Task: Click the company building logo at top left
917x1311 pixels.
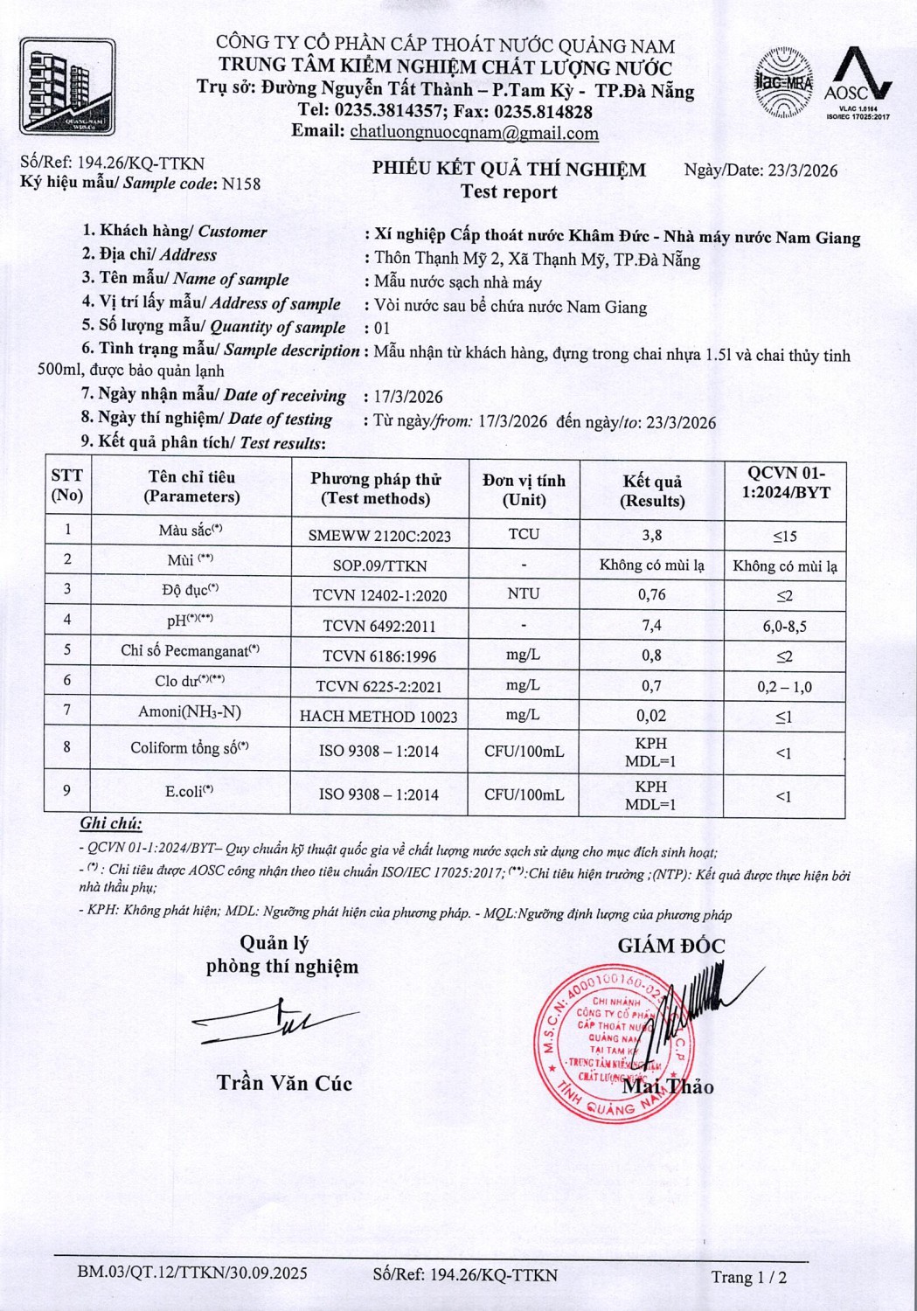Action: tap(67, 86)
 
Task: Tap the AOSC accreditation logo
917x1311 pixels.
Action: tap(858, 84)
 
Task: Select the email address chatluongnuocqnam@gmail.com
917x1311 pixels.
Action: tap(474, 133)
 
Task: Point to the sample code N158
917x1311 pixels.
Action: tap(241, 184)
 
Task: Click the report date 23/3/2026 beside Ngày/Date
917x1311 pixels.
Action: tap(802, 170)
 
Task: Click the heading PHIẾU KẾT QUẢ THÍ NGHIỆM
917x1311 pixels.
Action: tap(509, 169)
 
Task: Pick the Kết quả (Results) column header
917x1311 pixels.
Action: tap(652, 490)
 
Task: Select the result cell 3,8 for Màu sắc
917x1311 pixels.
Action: tap(651, 535)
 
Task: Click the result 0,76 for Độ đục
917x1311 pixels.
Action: tap(651, 594)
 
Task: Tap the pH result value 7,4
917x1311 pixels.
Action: tap(651, 625)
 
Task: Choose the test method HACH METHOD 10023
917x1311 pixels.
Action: tap(379, 717)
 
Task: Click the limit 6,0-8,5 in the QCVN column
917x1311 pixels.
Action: tap(784, 626)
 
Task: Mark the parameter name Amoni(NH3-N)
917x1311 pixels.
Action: tap(190, 711)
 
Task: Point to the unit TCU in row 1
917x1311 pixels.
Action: tap(524, 534)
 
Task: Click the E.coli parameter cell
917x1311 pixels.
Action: tap(190, 792)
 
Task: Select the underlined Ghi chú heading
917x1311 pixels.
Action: tap(110, 823)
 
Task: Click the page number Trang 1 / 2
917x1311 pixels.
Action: tap(748, 1277)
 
